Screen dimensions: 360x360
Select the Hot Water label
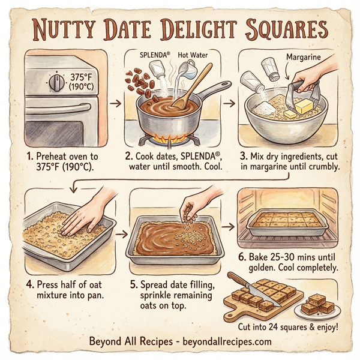pos(193,55)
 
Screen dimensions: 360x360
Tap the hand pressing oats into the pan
pos(84,213)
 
